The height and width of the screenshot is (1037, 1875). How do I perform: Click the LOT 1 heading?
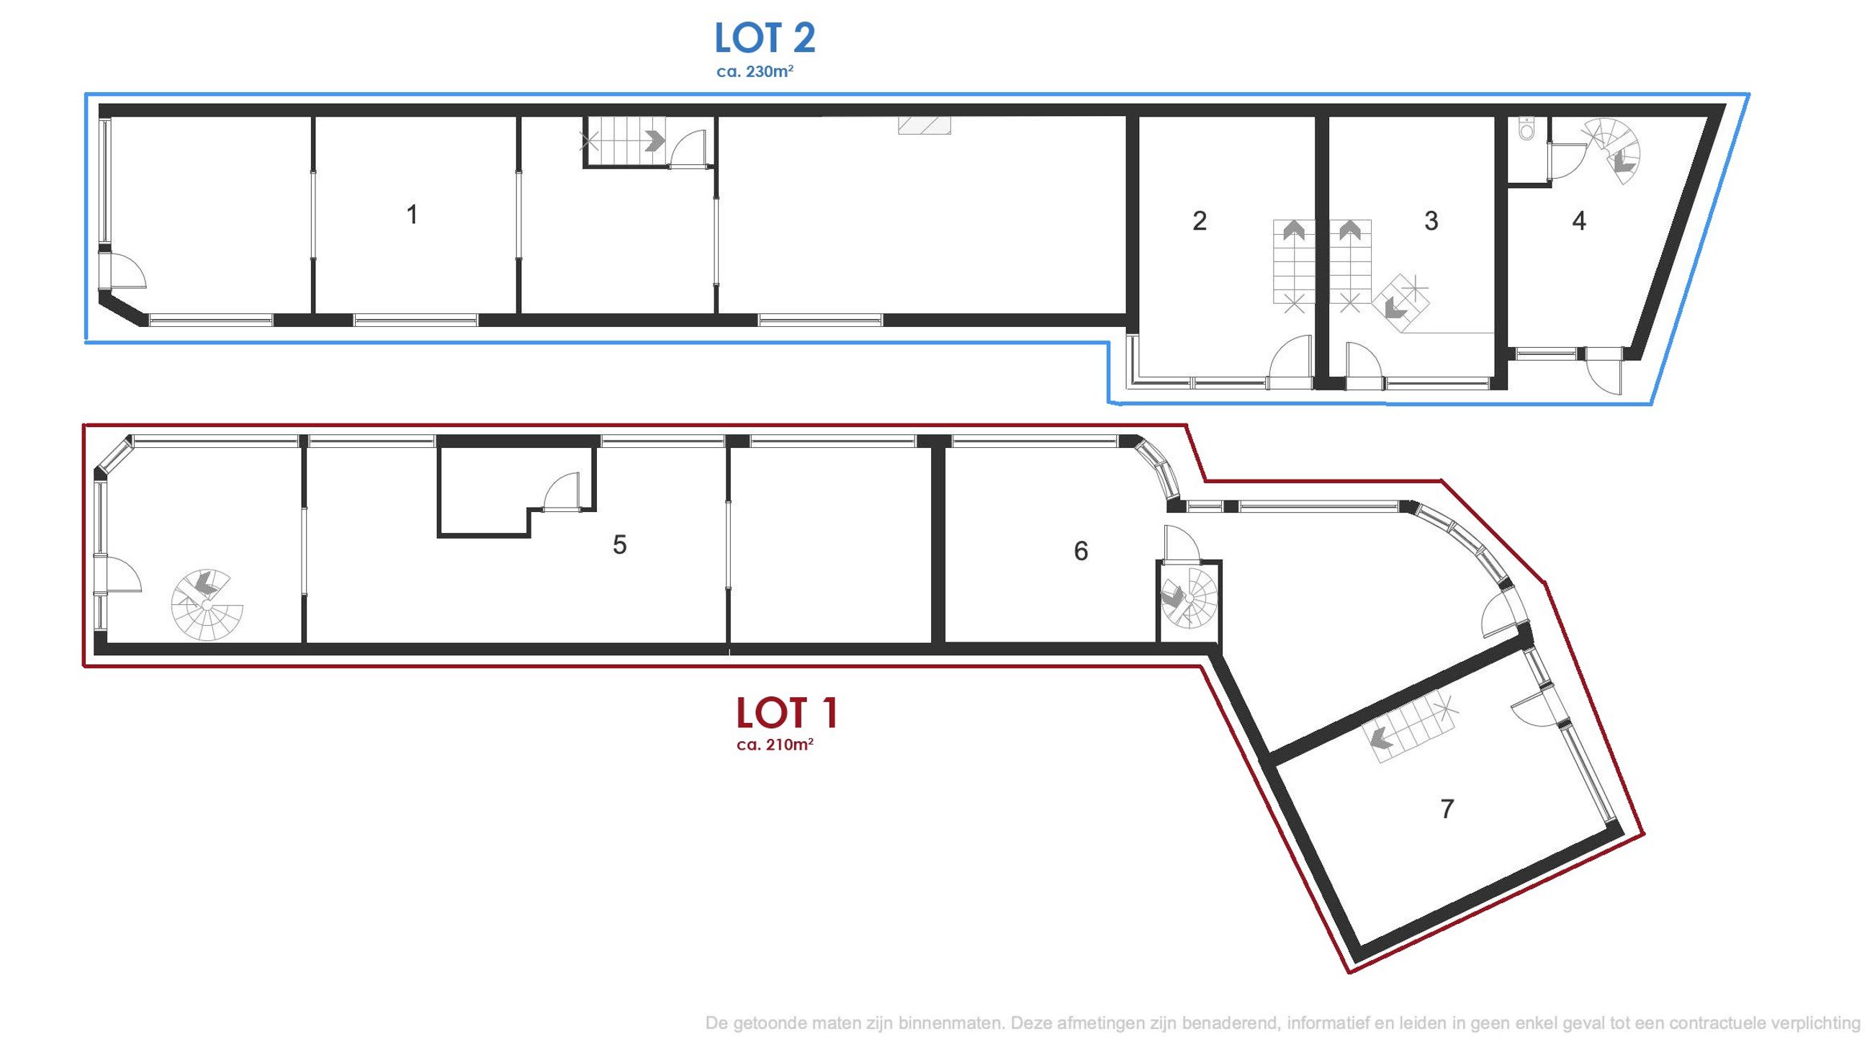787,713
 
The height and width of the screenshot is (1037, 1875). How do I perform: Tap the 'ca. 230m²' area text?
754,72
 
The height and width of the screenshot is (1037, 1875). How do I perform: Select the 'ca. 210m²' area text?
775,745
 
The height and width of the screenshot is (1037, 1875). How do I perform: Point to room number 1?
412,215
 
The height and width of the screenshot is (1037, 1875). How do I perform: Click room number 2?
1200,220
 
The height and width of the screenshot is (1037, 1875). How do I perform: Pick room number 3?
1431,220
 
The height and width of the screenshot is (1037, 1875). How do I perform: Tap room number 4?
1579,220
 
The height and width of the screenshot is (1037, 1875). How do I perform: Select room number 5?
619,544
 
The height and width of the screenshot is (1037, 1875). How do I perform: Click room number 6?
1081,551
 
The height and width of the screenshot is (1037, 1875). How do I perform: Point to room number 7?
1447,809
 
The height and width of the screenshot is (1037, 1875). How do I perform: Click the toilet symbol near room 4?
1527,130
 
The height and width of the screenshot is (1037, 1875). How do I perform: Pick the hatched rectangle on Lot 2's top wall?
925,126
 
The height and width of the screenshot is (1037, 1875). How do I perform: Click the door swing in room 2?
1290,356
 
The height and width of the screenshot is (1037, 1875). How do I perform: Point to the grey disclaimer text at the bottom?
1289,1023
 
